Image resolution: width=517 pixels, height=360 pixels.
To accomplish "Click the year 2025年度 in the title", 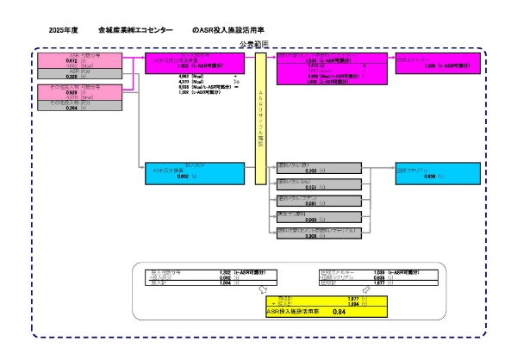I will click(x=64, y=30).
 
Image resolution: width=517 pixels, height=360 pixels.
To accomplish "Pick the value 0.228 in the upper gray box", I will click(x=72, y=77).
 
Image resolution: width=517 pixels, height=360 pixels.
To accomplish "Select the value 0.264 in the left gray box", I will click(x=72, y=108).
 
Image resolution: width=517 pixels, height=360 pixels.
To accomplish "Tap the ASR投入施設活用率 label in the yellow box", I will click(x=290, y=311).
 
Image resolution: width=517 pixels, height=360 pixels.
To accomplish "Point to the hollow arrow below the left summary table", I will click(x=263, y=289).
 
